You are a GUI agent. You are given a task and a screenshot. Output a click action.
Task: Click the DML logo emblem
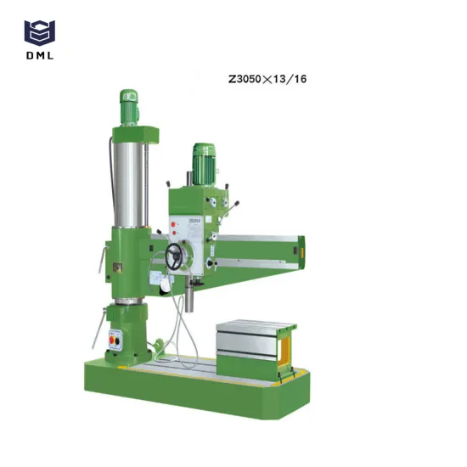(x=38, y=32)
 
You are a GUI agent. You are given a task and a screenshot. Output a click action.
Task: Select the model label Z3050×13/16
(x=267, y=79)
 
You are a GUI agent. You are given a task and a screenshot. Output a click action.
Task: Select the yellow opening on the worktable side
(x=287, y=346)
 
